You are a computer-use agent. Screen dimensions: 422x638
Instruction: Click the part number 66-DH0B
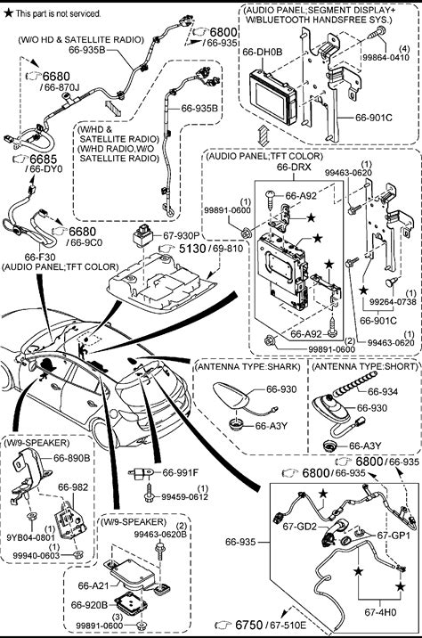tap(262, 52)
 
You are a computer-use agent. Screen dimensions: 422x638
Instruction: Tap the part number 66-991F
tap(181, 472)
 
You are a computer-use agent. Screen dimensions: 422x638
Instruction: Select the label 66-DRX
tap(294, 167)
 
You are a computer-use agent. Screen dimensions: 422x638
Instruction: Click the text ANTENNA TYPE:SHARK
tap(248, 366)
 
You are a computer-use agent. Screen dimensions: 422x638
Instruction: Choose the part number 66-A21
tap(93, 585)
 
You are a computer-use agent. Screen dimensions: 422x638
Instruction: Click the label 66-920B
tap(89, 605)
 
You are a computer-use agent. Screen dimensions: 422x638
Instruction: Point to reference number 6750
tap(248, 625)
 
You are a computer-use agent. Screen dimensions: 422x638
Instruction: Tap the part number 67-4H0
tap(380, 611)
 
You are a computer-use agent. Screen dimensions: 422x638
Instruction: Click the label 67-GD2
tap(299, 526)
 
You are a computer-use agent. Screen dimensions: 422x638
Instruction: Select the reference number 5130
tap(192, 249)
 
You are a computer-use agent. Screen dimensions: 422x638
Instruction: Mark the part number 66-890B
tap(72, 458)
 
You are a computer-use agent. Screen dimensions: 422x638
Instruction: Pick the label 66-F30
tap(40, 257)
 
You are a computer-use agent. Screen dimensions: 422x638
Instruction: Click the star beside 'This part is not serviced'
tap(8, 13)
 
